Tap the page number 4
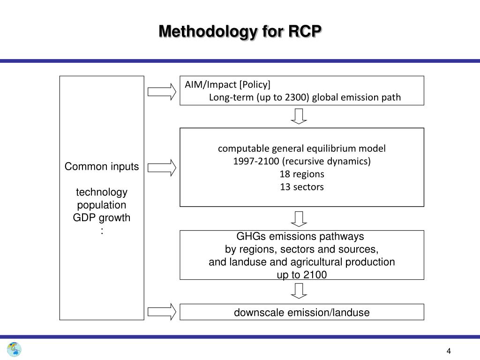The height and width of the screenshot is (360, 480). pos(449,352)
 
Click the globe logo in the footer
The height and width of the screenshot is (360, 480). pos(14,349)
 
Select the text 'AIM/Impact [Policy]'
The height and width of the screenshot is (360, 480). pos(227,85)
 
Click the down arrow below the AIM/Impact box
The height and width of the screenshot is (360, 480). pos(299,116)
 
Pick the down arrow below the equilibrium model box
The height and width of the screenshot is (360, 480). pos(299,218)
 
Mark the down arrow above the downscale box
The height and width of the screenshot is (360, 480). pos(299,291)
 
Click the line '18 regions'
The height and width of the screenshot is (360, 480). pos(302,174)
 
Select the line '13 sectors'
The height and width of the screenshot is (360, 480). pos(302,187)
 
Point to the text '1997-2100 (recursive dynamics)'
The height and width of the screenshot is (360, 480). pos(302,162)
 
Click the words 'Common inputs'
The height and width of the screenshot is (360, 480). pos(102,167)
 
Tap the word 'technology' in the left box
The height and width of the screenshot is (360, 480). pos(102,193)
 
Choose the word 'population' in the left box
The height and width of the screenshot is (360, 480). pos(102,205)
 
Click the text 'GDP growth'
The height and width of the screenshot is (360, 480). pos(102,218)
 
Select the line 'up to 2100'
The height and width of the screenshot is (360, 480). pos(302,275)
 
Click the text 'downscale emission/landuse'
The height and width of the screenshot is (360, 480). pos(302,313)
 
